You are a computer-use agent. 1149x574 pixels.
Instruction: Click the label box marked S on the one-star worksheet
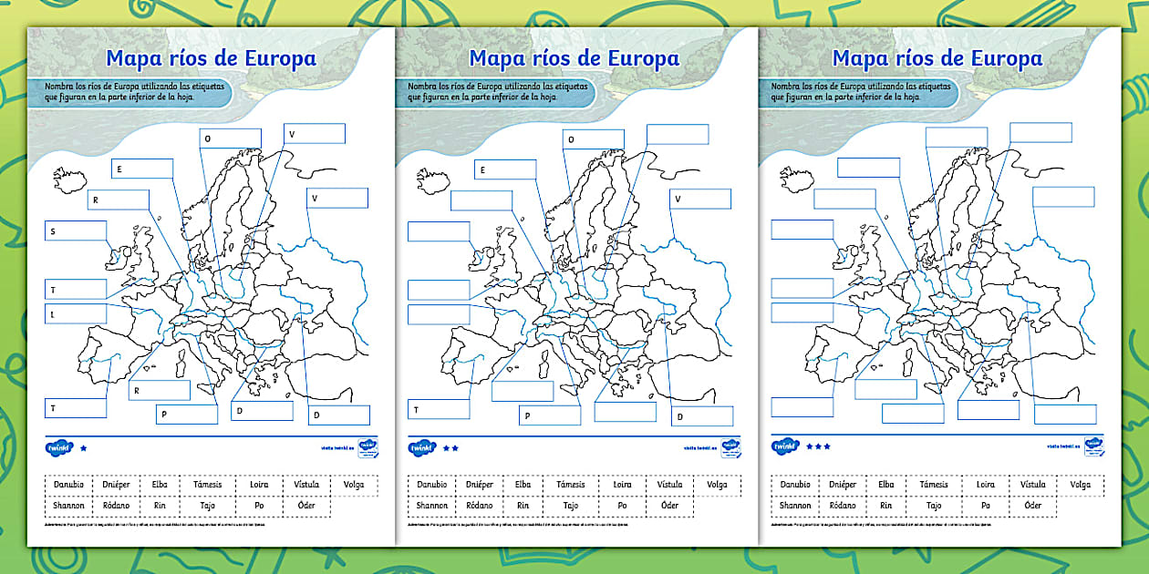pos(76,231)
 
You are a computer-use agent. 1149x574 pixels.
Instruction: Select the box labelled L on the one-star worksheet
pos(76,313)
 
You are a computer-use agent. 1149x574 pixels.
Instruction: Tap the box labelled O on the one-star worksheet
pos(230,138)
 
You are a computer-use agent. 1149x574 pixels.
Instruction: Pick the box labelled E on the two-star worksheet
pos(504,169)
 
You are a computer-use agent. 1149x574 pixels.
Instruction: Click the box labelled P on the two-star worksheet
pos(550,415)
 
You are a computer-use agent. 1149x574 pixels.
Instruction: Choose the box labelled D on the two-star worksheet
pos(701,416)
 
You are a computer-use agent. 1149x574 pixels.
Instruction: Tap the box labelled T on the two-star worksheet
pos(438,409)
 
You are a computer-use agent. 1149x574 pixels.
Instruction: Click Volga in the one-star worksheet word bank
pos(354,485)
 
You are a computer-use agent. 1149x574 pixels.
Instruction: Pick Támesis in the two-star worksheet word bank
pos(571,485)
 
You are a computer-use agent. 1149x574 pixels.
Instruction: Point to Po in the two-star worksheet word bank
pos(622,506)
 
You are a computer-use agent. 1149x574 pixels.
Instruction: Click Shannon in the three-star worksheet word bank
pos(795,506)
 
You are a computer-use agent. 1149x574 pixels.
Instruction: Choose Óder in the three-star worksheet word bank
pos(1032,506)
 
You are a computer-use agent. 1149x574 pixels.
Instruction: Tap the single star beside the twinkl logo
pos(84,448)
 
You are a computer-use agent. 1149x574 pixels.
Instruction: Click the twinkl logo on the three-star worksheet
pos(785,446)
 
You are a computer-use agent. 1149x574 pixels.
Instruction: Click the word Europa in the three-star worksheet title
pos(1006,58)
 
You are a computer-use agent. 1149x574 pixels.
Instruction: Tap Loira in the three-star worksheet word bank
pos(985,485)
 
